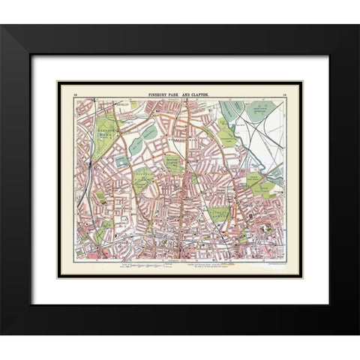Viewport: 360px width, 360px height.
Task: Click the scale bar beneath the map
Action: click(142, 265)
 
